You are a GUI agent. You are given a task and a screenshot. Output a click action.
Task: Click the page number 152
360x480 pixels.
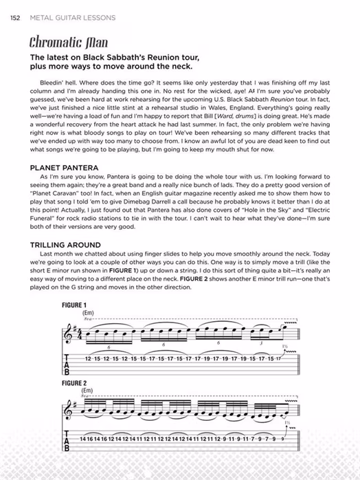point(13,17)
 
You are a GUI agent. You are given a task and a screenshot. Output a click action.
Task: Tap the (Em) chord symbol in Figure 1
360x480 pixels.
point(87,313)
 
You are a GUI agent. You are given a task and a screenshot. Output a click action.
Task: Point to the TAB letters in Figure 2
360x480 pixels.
point(67,441)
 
